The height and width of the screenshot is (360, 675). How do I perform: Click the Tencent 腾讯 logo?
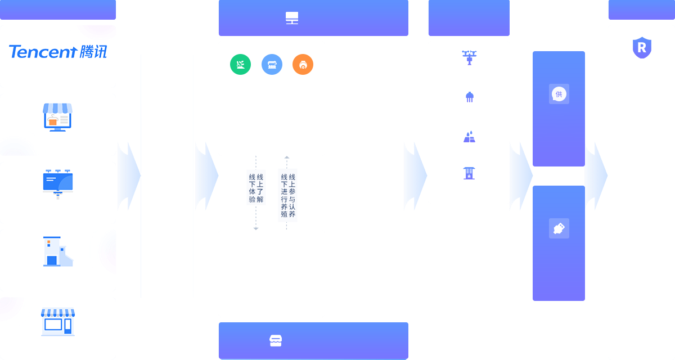(x=58, y=52)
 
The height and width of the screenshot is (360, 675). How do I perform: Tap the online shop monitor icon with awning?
(x=58, y=117)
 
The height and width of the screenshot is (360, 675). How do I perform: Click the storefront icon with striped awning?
(x=58, y=322)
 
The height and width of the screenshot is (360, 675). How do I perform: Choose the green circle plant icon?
(x=240, y=65)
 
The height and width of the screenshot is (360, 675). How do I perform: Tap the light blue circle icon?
(x=272, y=65)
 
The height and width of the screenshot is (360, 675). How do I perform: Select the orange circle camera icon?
(x=303, y=65)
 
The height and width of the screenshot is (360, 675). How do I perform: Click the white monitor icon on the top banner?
(x=292, y=18)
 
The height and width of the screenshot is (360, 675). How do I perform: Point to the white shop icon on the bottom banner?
(x=276, y=340)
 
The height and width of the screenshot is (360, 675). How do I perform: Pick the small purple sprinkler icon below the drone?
(x=470, y=97)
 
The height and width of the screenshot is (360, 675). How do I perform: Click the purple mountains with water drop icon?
(x=470, y=137)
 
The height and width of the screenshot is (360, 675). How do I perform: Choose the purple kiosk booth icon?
(x=469, y=173)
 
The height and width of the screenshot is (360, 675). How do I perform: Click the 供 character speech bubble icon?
(x=559, y=94)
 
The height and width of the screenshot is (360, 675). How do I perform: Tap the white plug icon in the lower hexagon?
(x=559, y=228)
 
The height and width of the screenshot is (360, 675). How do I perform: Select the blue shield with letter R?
(x=641, y=48)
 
